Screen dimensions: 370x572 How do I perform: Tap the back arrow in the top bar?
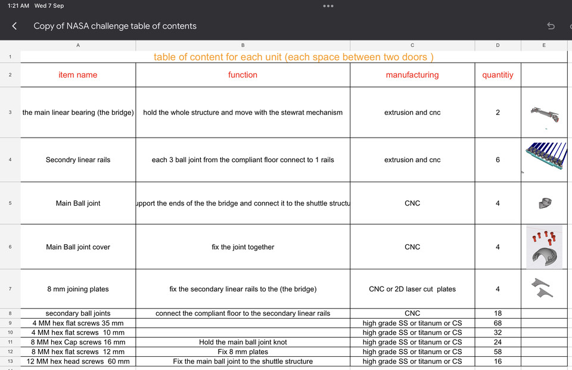[14, 26]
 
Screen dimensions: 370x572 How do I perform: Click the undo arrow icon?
[551, 26]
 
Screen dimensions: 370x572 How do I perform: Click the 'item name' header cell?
[78, 75]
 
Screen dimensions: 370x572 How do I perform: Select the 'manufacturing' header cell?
[412, 75]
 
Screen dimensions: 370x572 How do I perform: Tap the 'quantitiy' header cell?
[498, 75]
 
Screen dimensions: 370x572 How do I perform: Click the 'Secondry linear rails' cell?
[78, 160]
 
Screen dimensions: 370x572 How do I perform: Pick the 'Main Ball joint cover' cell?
[78, 247]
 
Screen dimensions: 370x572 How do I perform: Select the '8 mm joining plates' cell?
[78, 289]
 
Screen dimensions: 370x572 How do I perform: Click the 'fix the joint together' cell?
[243, 247]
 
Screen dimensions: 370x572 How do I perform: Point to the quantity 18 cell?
[498, 313]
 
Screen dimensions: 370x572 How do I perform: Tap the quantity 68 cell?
[498, 323]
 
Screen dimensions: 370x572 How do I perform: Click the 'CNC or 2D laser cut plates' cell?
[412, 289]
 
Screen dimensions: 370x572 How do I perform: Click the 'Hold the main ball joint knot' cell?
[243, 342]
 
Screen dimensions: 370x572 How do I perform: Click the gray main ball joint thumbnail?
[544, 203]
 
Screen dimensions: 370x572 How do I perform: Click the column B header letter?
[243, 45]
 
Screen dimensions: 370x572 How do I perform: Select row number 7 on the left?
[10, 289]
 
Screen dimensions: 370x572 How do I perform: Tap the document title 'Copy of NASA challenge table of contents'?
[115, 26]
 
